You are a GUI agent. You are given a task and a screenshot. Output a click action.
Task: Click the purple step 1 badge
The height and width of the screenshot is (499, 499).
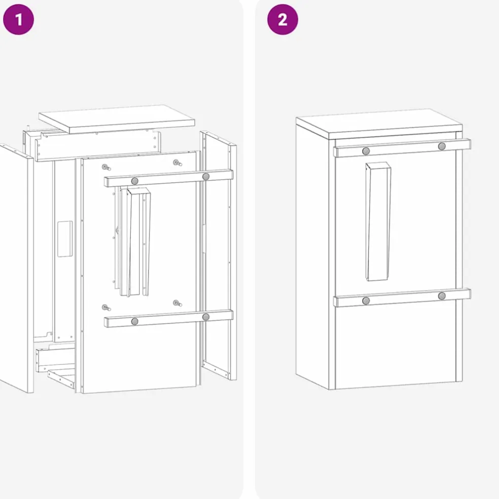pos(18,19)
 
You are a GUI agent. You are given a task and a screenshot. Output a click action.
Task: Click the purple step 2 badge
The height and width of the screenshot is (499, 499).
pos(282,19)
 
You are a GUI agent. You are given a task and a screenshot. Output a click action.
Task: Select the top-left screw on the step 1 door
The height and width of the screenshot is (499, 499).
pos(106,167)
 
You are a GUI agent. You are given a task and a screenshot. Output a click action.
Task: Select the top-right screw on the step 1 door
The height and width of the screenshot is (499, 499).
pos(177,163)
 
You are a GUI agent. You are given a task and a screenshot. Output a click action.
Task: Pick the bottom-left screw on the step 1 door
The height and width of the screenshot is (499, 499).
pos(106,308)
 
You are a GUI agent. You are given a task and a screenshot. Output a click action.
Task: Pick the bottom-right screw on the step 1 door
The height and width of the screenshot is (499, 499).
pos(177,303)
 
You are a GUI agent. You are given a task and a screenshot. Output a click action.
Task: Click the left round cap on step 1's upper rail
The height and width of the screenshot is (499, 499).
pos(135,181)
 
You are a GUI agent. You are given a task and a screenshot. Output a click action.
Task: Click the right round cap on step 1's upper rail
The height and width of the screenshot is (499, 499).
pos(206,176)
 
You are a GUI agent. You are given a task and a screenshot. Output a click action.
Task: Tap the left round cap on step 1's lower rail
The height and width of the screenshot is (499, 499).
pos(135,322)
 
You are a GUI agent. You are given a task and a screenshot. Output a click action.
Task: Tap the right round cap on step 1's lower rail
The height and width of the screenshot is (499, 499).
pos(206,317)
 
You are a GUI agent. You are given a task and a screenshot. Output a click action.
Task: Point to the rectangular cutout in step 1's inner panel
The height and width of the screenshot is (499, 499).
pos(65,239)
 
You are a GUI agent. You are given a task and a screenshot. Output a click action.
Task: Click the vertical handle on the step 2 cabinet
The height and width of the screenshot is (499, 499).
pos(378,222)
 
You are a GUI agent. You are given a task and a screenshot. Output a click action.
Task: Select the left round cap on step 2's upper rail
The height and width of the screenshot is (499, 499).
pos(366,151)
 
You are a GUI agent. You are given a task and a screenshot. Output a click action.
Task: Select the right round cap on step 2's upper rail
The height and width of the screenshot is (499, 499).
pos(442,147)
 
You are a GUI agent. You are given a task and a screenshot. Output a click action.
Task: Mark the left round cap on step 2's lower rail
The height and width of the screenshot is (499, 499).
pos(366,301)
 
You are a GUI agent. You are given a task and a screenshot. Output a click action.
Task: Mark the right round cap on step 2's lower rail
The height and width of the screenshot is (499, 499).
pos(442,296)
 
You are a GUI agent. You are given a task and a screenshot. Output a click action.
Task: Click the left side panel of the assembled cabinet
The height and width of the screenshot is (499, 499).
pos(312,255)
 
